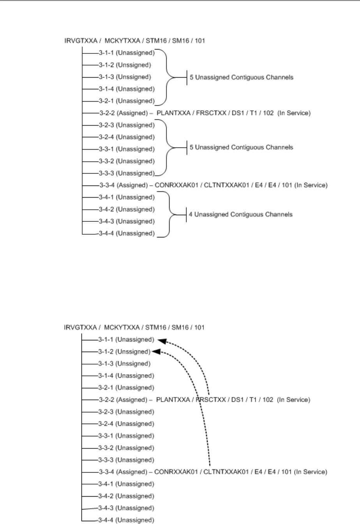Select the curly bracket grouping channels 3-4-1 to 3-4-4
[x=170, y=215]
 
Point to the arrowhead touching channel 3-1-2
[x=156, y=352]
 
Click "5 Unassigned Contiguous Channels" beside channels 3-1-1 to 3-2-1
[x=241, y=77]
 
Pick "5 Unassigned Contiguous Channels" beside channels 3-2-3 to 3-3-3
[x=241, y=147]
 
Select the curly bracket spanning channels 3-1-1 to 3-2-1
[x=168, y=77]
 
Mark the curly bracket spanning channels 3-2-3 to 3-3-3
[x=168, y=148]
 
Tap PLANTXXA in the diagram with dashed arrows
[x=170, y=400]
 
